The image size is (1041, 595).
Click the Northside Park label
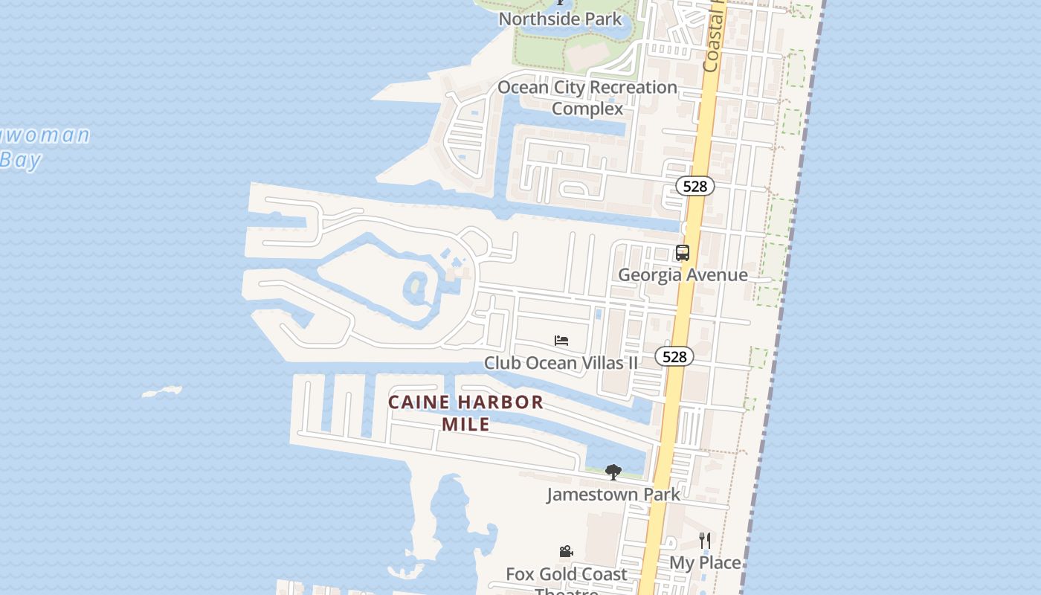click(x=560, y=18)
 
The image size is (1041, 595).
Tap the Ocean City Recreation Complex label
click(x=587, y=97)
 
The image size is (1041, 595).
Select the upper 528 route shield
click(x=694, y=186)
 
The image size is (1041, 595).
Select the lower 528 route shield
click(x=674, y=357)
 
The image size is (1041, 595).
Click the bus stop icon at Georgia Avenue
click(x=683, y=253)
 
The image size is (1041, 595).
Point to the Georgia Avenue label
click(x=683, y=274)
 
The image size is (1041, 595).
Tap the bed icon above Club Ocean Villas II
click(x=561, y=341)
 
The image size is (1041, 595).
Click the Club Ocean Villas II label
click(x=561, y=363)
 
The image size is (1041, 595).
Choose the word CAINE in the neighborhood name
click(x=419, y=402)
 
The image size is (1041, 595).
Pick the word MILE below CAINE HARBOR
click(x=466, y=424)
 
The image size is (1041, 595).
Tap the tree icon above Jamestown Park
click(x=613, y=472)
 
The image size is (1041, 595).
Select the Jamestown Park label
click(x=613, y=494)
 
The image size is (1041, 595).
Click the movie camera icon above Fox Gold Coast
click(x=566, y=552)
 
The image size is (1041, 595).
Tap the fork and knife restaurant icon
click(x=705, y=540)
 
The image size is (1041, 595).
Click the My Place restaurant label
click(x=705, y=562)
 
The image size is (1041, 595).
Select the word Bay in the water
click(x=21, y=160)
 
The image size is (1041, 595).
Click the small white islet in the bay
click(x=162, y=391)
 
